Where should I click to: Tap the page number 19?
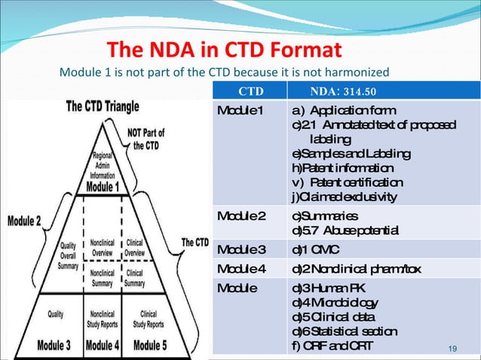point(453,348)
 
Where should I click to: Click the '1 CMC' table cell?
point(315,249)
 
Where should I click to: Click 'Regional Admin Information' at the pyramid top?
point(104,165)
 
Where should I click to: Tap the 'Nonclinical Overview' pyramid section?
point(104,249)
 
